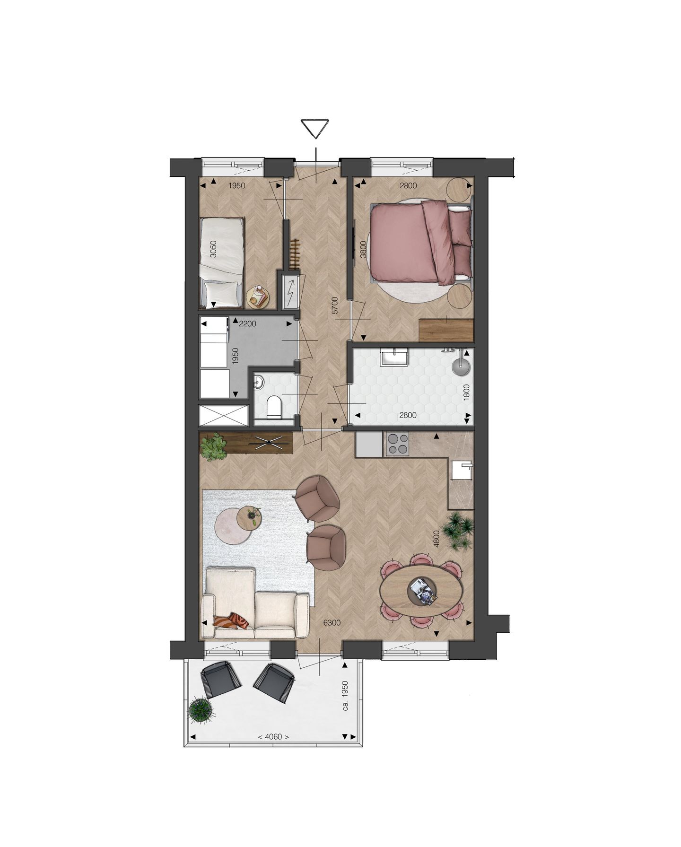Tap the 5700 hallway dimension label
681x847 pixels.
point(335,306)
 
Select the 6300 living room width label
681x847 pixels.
point(332,623)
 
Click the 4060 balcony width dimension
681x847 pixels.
point(273,737)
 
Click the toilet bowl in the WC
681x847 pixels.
point(273,406)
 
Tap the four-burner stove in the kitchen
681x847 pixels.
point(398,444)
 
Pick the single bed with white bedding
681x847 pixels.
point(220,262)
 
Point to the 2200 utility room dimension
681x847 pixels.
point(247,324)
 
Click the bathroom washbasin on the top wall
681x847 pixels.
point(393,357)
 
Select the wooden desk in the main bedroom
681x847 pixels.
point(446,330)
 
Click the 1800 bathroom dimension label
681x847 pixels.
point(466,392)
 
